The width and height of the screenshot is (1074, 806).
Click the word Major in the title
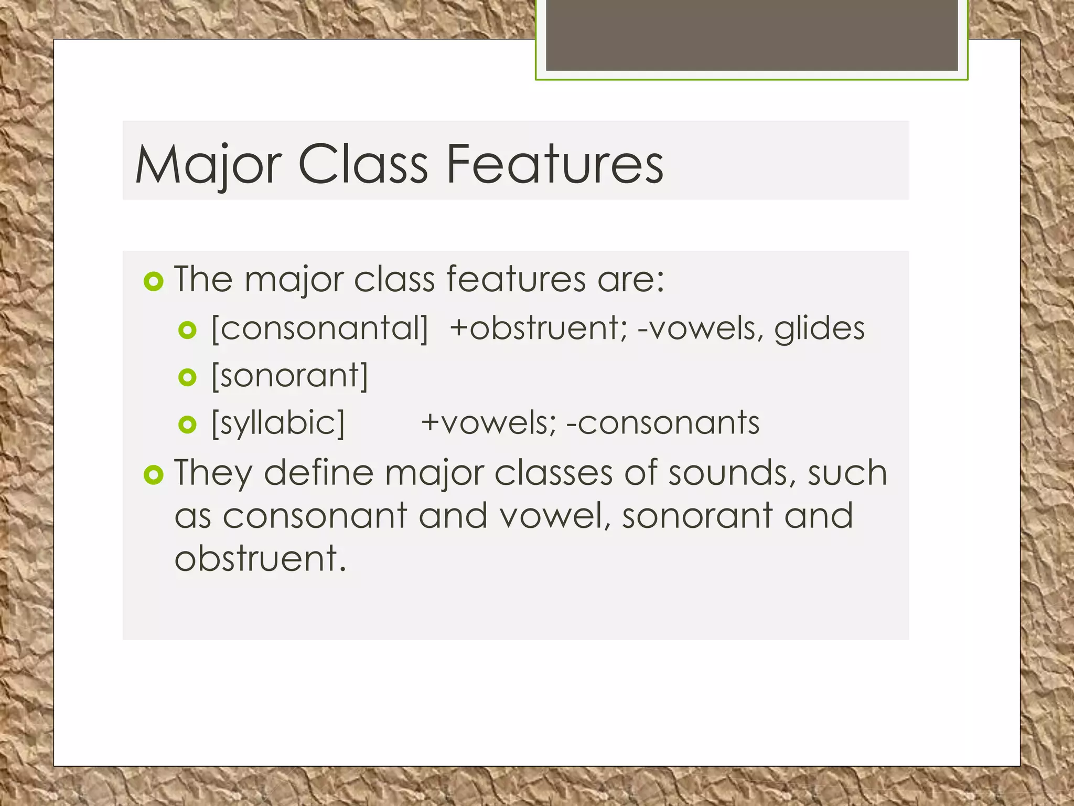point(209,165)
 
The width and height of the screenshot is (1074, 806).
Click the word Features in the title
point(555,165)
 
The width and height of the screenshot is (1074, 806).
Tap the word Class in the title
point(363,165)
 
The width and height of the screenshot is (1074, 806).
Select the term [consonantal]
point(320,329)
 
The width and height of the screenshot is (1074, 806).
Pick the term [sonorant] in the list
point(290,376)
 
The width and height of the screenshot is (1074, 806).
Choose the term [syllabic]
point(278,423)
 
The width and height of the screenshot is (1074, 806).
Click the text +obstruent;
point(538,329)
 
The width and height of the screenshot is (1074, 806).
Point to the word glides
point(819,329)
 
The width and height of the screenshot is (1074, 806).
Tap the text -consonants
point(663,423)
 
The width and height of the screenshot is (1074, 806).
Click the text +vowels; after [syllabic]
point(488,423)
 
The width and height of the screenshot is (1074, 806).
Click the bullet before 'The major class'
point(154,282)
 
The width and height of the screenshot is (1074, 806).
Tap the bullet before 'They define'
point(154,475)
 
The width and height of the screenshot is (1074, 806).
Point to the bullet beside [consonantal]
point(187,330)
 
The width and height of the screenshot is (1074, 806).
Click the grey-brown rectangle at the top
point(751,35)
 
